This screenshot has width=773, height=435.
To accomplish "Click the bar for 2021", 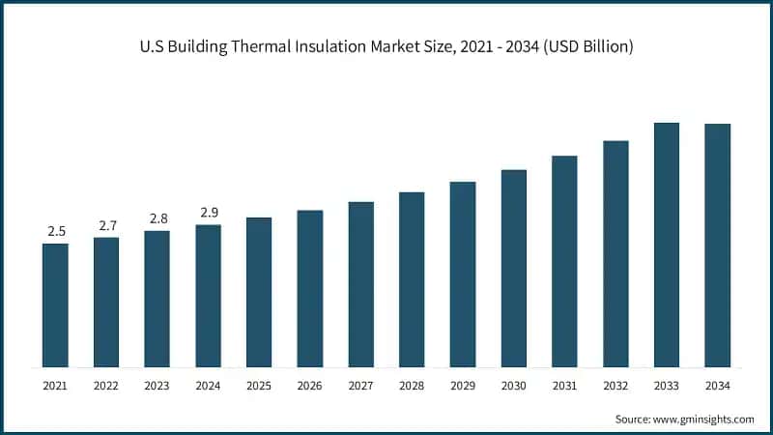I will [x=55, y=305].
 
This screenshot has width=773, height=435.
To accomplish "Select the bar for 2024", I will [x=208, y=296].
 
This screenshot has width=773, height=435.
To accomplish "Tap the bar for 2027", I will [x=360, y=284].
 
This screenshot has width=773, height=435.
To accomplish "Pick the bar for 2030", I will [x=513, y=269].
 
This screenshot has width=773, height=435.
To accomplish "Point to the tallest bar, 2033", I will [x=666, y=245].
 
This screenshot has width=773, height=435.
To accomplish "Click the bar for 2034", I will [x=717, y=246].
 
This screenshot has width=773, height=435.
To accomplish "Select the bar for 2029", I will [x=462, y=275].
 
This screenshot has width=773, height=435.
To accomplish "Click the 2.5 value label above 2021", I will [x=56, y=231].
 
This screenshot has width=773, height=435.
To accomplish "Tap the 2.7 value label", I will [x=106, y=225].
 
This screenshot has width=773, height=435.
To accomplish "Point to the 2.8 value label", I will [x=157, y=218].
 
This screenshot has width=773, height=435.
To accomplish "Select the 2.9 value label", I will [x=208, y=213].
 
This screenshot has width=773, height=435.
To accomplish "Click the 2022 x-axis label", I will [x=106, y=386].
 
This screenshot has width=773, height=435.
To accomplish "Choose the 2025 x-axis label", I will [x=259, y=386].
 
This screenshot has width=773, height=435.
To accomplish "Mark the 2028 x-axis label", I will [x=412, y=386].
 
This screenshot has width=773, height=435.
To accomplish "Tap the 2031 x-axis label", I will [x=564, y=386].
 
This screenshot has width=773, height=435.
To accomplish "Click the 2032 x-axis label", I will [x=616, y=386].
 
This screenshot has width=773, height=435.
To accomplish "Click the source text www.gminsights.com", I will [x=703, y=419].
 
